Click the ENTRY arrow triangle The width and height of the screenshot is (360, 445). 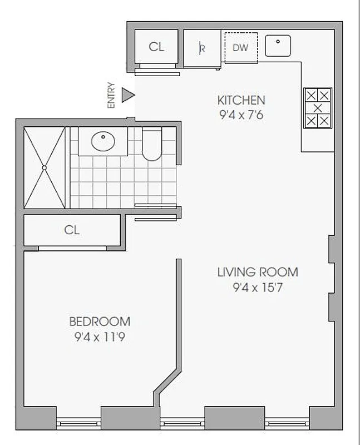[x=128, y=95]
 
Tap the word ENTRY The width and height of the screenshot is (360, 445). [x=111, y=95]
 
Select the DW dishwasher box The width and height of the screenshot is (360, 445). [x=240, y=47]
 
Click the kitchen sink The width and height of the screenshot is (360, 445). [x=278, y=45]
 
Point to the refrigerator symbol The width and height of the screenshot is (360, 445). [x=202, y=48]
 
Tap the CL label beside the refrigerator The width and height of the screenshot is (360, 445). [x=156, y=47]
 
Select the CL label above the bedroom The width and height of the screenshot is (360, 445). [x=72, y=230]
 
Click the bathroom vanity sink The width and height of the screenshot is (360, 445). [x=102, y=142]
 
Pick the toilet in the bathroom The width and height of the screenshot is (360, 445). [x=151, y=146]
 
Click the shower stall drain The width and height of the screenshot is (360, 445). [x=44, y=167]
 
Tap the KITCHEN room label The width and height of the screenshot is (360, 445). [x=241, y=101]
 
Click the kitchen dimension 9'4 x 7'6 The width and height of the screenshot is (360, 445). [x=241, y=117]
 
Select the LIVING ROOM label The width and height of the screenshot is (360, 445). [x=257, y=273]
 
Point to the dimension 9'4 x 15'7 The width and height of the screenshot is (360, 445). [x=257, y=288]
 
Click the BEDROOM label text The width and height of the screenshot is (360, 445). [x=100, y=322]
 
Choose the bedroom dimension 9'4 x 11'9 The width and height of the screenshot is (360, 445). [x=100, y=337]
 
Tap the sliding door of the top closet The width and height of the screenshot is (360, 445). [x=157, y=72]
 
